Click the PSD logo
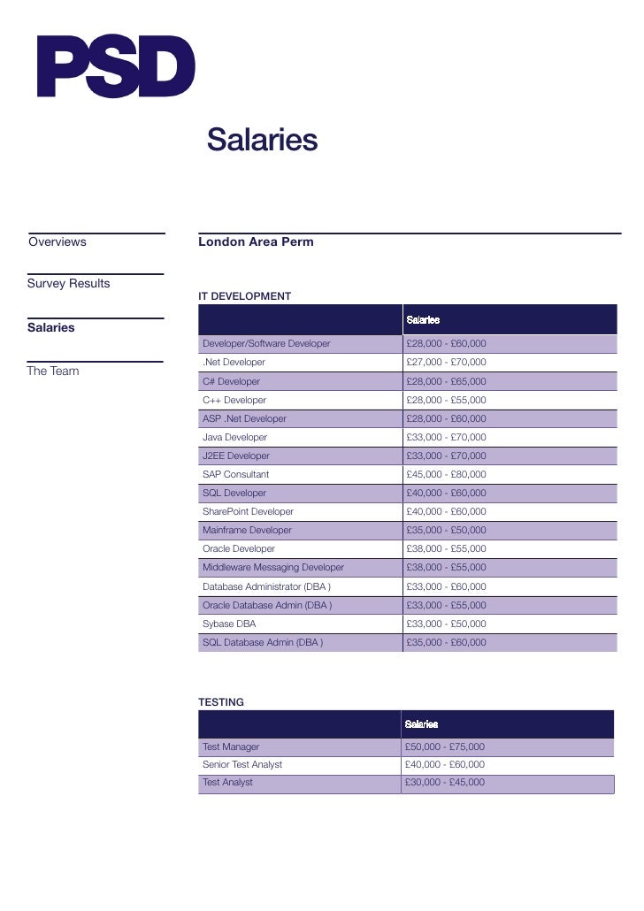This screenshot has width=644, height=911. (x=115, y=66)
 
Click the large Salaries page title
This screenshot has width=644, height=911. (x=262, y=140)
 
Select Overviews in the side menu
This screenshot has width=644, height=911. (x=57, y=241)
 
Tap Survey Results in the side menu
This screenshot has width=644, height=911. (x=69, y=283)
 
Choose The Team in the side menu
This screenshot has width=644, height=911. (x=53, y=371)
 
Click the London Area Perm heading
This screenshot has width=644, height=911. (x=256, y=241)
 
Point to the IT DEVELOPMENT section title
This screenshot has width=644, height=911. (x=245, y=296)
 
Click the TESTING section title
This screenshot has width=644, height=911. (x=221, y=702)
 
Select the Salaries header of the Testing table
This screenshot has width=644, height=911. (x=422, y=724)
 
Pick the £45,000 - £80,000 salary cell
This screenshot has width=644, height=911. (x=446, y=474)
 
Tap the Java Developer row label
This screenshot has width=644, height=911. (x=234, y=437)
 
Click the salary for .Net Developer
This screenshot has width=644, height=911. (x=446, y=363)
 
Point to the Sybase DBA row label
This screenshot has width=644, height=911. (x=229, y=624)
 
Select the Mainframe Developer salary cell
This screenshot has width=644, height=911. (x=446, y=530)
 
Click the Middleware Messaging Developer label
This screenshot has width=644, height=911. (x=273, y=567)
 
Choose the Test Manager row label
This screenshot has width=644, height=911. (x=231, y=746)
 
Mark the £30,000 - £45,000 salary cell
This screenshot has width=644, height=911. (x=445, y=783)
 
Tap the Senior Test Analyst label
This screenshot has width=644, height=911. (x=242, y=764)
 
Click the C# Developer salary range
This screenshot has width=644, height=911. (x=446, y=381)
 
